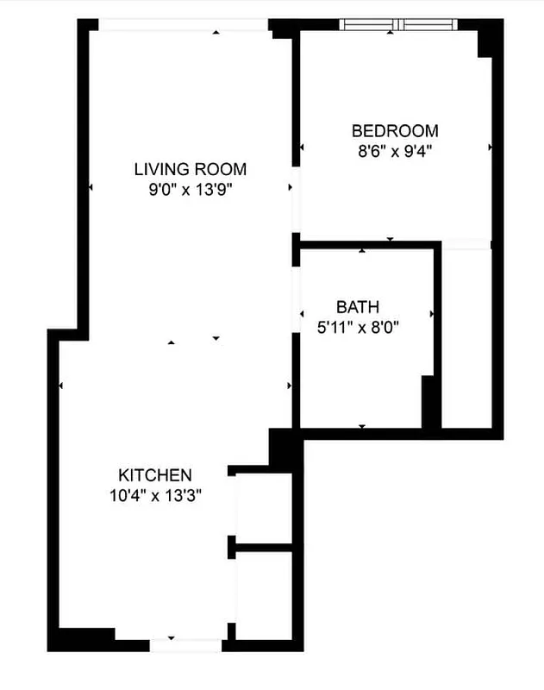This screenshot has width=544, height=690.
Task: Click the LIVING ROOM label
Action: click(191, 169)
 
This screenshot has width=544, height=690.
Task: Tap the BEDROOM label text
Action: click(395, 131)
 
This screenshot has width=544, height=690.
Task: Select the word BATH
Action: click(358, 307)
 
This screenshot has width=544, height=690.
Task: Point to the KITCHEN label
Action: click(154, 475)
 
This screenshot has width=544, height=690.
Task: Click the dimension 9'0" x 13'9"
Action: click(191, 189)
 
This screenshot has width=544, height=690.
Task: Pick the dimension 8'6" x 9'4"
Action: click(395, 151)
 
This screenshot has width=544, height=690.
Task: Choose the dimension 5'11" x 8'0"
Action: click(358, 327)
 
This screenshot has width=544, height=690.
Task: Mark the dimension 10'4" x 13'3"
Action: click(154, 495)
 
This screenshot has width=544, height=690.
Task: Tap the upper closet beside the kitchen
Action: click(265, 507)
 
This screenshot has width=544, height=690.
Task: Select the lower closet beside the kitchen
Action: click(265, 593)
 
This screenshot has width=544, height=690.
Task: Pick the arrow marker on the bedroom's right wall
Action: click(491, 147)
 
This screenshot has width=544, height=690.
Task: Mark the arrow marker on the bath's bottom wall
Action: click(362, 426)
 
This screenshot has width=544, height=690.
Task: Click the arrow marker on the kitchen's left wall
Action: click(61, 386)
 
